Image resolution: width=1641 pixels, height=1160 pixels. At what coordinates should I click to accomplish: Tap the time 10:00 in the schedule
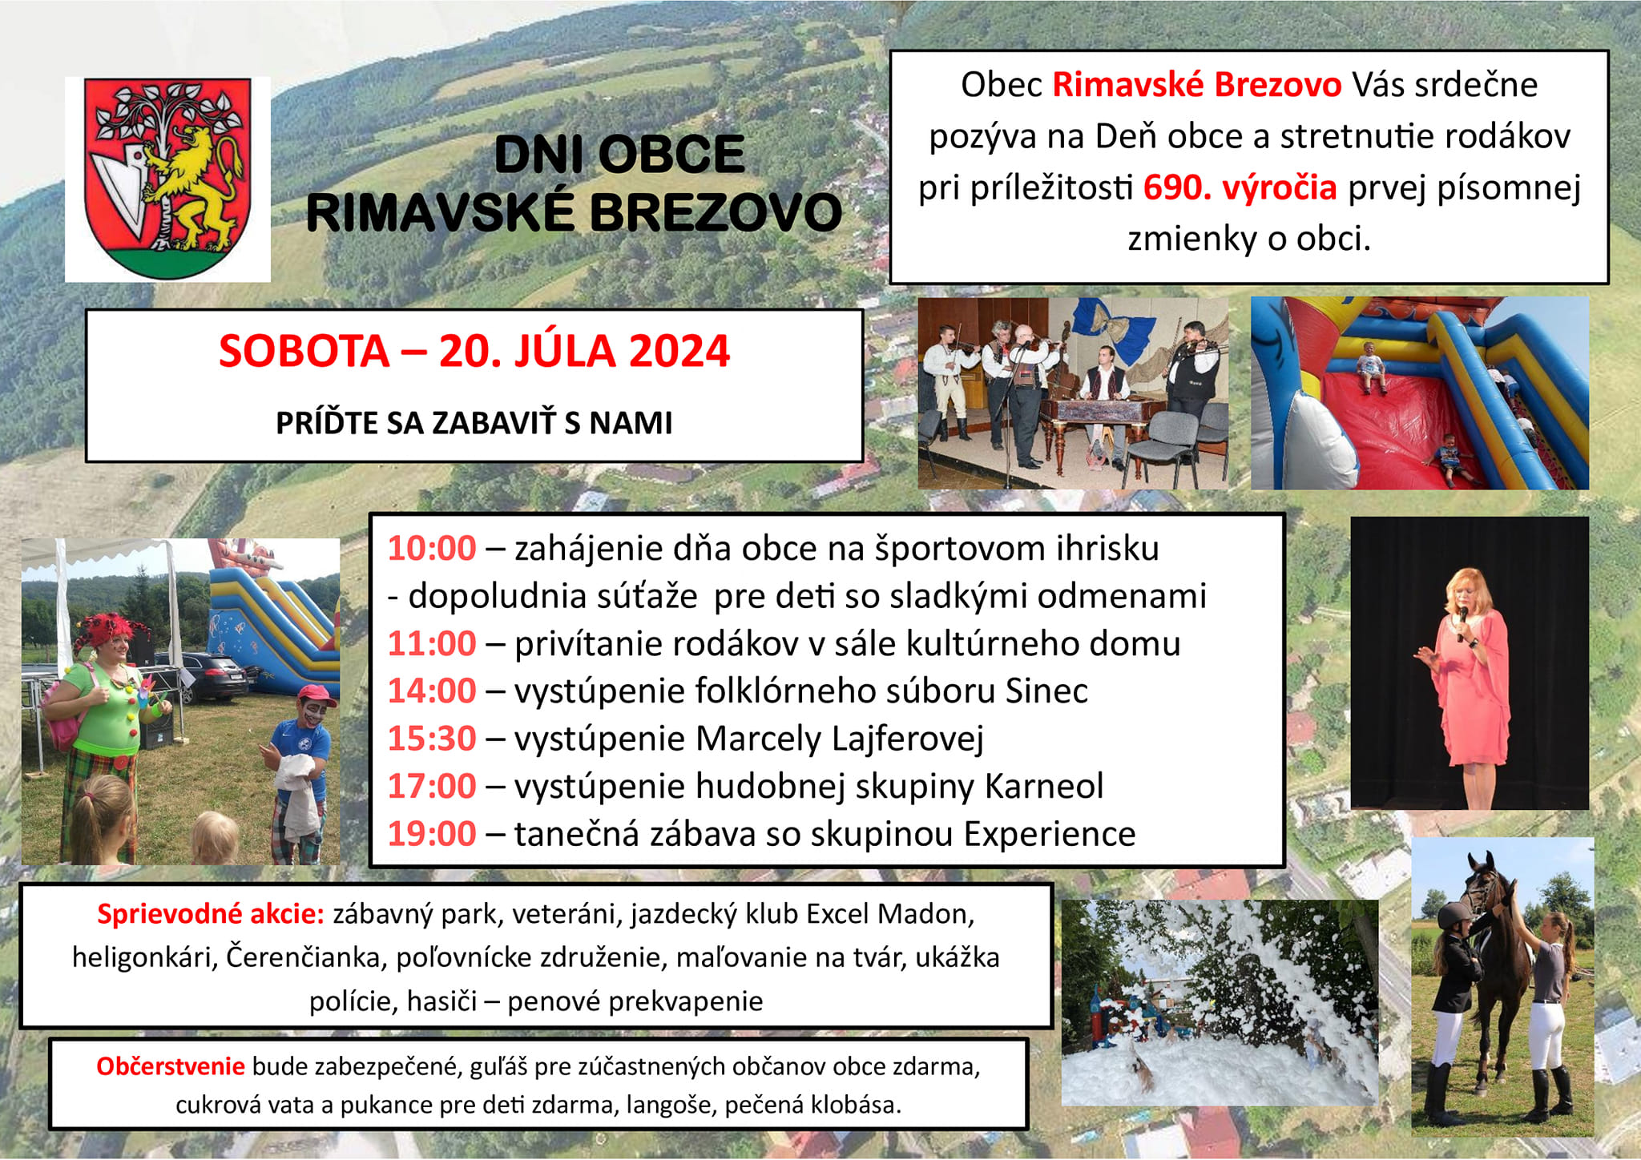coord(432,549)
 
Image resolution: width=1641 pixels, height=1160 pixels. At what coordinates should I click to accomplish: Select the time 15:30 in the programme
coord(432,739)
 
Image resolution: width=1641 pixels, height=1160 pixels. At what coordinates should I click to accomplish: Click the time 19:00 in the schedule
coord(432,834)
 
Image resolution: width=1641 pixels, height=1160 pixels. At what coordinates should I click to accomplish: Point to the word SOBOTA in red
coord(304,351)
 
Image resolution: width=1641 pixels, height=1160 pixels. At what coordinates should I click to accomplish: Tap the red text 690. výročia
coord(1240,187)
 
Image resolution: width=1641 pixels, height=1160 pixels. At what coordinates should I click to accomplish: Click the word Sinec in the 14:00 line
coord(1046,691)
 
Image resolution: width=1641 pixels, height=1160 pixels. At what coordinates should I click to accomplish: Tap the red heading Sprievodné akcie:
coord(211,914)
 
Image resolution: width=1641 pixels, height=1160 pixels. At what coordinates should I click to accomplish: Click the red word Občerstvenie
coord(171,1066)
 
